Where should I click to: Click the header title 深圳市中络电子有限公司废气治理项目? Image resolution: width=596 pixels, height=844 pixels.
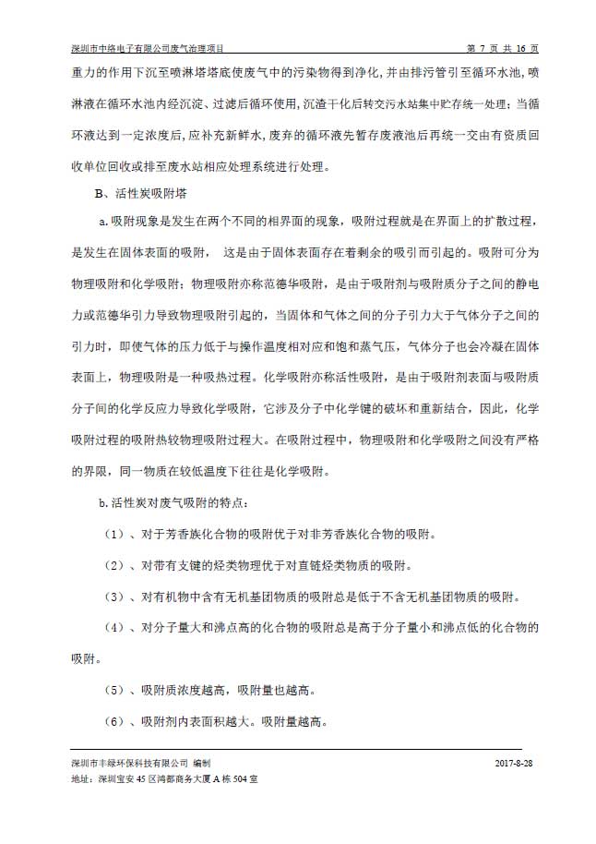148,48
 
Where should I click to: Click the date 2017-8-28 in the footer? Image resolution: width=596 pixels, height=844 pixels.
515,765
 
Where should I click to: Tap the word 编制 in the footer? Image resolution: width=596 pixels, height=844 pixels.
202,765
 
